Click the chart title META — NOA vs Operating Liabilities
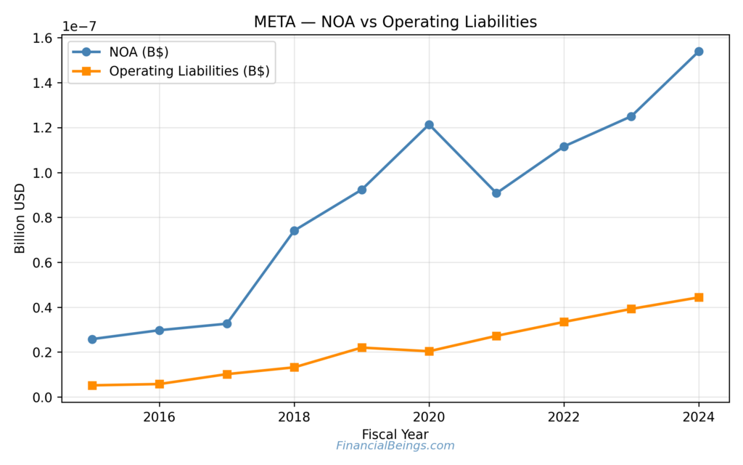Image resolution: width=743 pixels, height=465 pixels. (x=395, y=22)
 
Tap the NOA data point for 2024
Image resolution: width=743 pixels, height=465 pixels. (x=699, y=52)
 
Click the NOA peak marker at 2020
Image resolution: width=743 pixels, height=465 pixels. (x=429, y=125)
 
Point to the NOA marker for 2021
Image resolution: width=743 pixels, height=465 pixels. (x=496, y=193)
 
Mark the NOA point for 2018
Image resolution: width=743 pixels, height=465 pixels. (x=294, y=230)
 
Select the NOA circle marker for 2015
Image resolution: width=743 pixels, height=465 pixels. (x=92, y=339)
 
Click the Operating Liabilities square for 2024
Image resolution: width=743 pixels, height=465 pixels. (x=699, y=297)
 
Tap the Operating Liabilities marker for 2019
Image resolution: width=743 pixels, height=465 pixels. (x=361, y=347)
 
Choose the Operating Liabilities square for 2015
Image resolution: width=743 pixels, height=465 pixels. (x=92, y=385)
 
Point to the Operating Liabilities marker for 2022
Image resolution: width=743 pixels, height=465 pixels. (x=564, y=322)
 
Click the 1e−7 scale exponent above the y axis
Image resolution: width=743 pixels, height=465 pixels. (x=79, y=26)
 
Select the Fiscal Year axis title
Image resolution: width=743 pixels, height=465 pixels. (x=395, y=434)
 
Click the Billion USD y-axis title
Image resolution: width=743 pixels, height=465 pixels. (x=20, y=218)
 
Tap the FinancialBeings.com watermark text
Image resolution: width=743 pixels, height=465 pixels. (x=395, y=446)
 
